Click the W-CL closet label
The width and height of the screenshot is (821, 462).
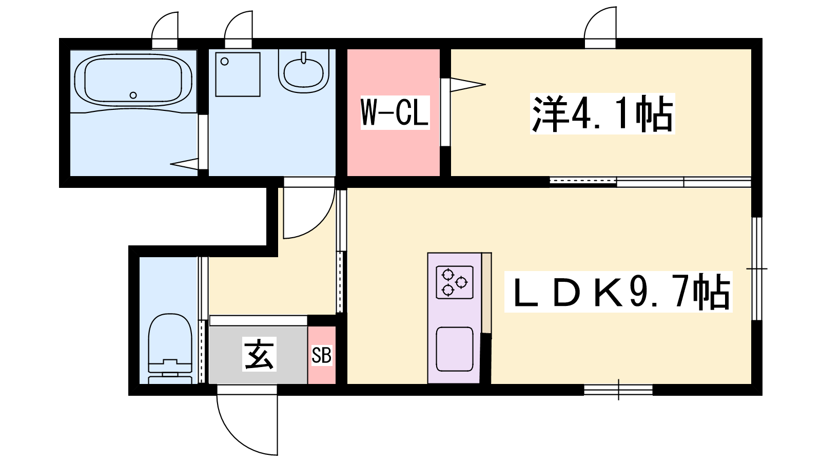(x=395, y=112)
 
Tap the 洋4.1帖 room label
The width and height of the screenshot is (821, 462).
(x=602, y=113)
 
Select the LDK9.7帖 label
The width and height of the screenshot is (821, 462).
(x=618, y=292)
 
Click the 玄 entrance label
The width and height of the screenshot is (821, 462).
(x=259, y=354)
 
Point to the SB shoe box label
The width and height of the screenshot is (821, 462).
(x=321, y=355)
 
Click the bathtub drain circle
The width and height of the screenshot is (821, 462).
(x=133, y=95)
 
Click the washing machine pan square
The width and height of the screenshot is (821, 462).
(x=238, y=74)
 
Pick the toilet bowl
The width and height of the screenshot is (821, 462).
(x=170, y=349)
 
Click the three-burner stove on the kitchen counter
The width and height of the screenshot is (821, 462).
(x=455, y=282)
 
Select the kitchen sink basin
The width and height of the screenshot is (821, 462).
(x=455, y=349)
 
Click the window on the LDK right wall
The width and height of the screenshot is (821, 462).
(x=756, y=269)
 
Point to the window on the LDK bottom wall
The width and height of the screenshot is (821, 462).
(x=618, y=390)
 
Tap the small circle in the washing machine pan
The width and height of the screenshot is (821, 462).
(x=225, y=62)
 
